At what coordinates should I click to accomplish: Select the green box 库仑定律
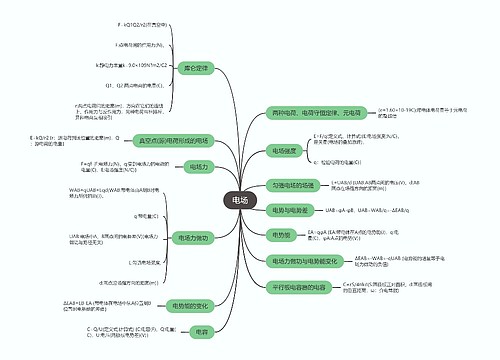click(195, 68)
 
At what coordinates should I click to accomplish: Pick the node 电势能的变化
click(190, 305)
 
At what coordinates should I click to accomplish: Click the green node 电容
click(202, 330)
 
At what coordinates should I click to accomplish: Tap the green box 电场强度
click(285, 150)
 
